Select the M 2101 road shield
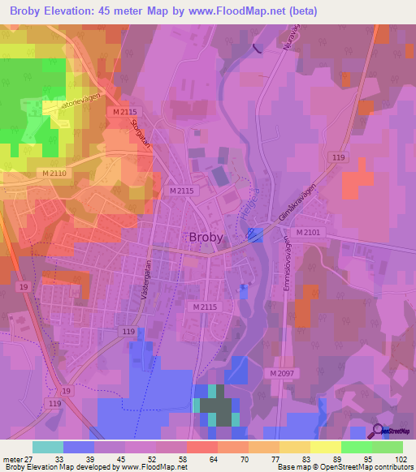click(309, 233)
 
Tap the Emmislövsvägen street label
click(287, 262)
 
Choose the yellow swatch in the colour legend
click(325, 447)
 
